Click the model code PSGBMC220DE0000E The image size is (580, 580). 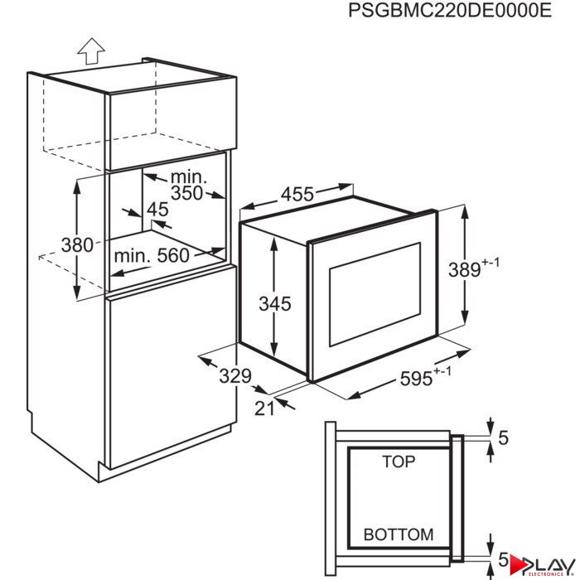pos(450,10)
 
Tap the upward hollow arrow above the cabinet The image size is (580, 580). pos(91,51)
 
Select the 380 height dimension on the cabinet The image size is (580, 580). pos(77,245)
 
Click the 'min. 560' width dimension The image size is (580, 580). pos(152,255)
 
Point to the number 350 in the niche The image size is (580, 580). pos(186,193)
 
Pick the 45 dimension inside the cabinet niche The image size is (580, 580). pos(157,210)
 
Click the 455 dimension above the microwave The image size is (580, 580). pos(297,194)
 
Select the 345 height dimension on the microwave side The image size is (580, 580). pos(275,304)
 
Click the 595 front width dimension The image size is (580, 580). pos(425,376)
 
